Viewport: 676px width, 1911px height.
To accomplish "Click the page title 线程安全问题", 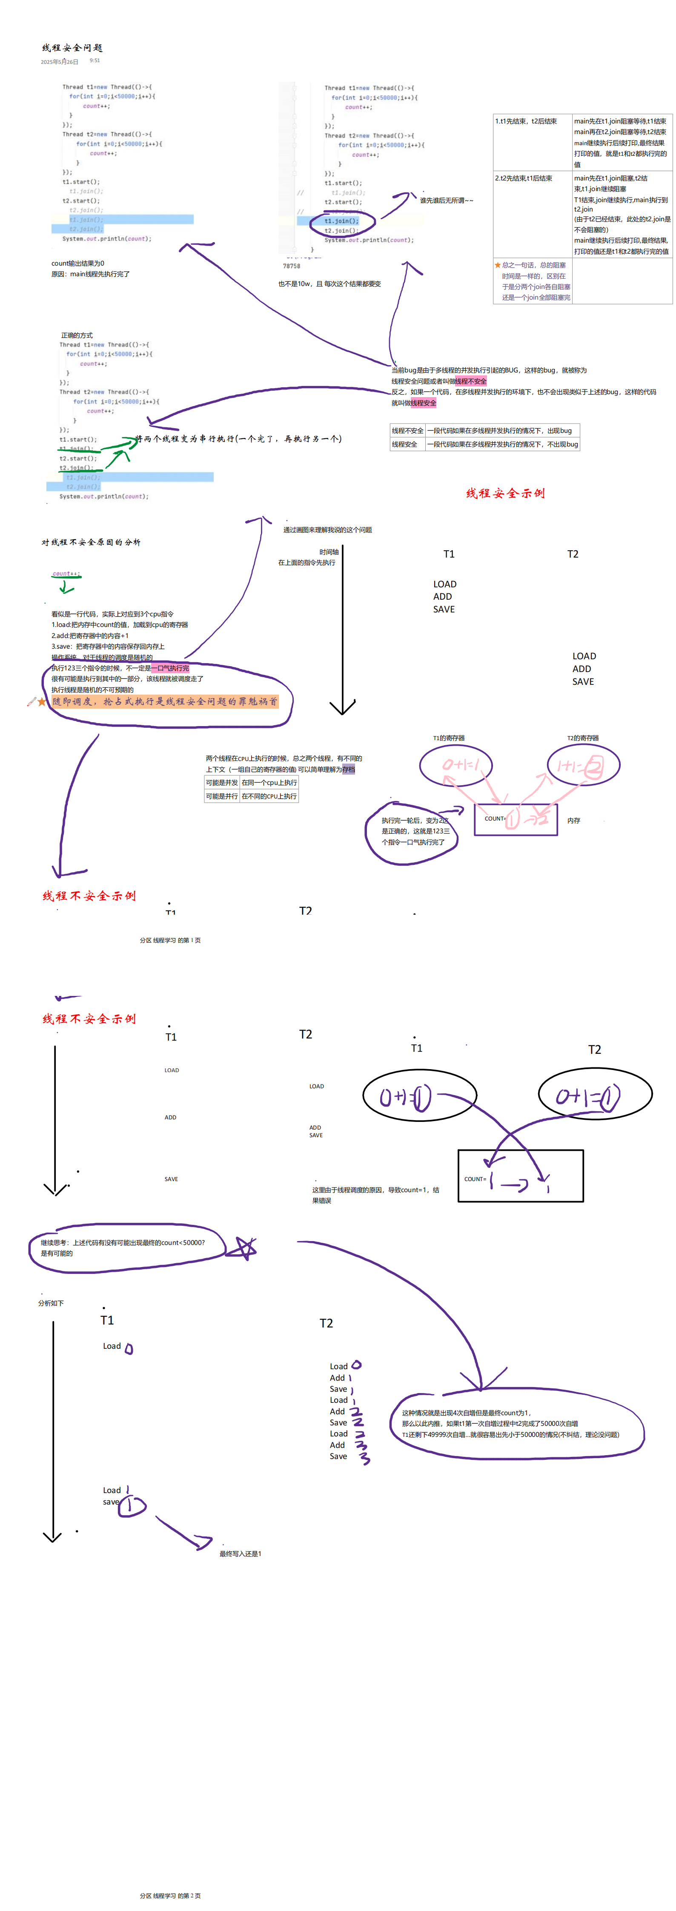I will click(x=72, y=48).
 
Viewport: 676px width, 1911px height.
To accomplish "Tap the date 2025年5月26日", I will click(x=59, y=62).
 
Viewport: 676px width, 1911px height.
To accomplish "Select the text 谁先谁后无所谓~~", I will click(x=446, y=200).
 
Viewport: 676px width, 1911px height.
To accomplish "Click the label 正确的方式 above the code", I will click(x=77, y=335).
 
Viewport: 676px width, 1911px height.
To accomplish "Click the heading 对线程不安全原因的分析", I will click(x=91, y=542).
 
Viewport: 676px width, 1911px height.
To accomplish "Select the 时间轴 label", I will click(x=329, y=552).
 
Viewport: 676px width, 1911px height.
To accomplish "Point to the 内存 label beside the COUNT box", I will click(x=573, y=821).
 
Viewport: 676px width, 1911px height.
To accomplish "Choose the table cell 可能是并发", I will click(x=221, y=783).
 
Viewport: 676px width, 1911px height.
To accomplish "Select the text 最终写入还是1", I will click(x=240, y=1553).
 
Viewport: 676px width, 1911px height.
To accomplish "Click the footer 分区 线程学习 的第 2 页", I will click(x=170, y=1895).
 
